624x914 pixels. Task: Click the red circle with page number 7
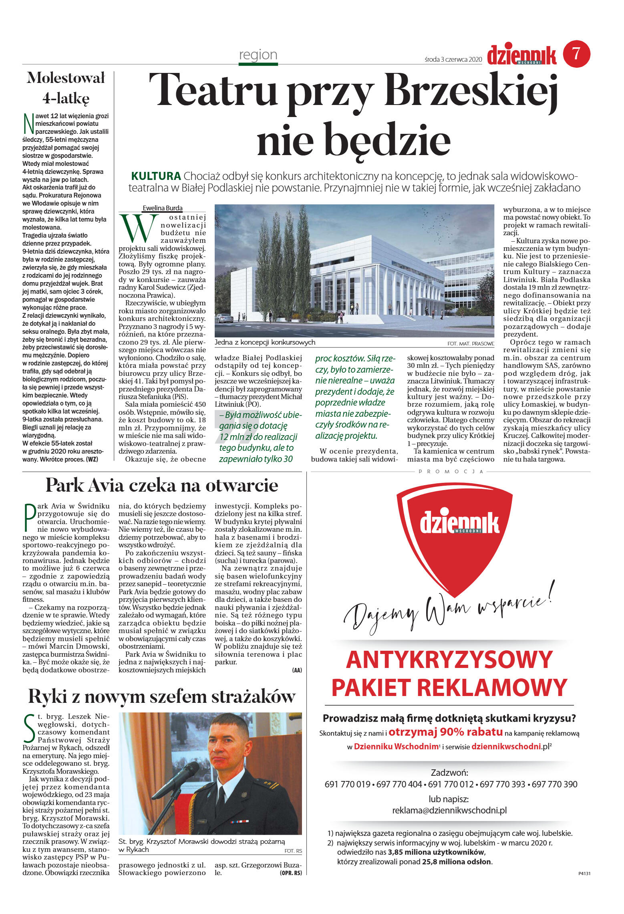click(x=576, y=54)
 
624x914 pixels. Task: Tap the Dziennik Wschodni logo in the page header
click(x=521, y=55)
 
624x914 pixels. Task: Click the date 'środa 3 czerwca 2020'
click(x=453, y=59)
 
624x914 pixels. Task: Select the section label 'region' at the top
click(x=258, y=54)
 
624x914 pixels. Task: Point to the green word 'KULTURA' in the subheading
click(x=156, y=176)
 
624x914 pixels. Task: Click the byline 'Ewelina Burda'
click(x=162, y=208)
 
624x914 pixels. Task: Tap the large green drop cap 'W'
click(x=138, y=229)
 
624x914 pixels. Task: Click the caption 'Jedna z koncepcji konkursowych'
click(x=265, y=342)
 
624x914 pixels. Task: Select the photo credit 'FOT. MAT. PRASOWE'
click(x=471, y=344)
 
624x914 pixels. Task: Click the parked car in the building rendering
click(x=224, y=318)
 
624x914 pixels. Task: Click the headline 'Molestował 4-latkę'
click(x=66, y=88)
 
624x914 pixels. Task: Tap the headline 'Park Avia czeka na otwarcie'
click(x=162, y=485)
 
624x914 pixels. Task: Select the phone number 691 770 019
click(x=347, y=784)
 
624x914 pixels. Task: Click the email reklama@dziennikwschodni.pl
click(x=449, y=810)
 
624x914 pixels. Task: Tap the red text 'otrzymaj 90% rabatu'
click(x=445, y=732)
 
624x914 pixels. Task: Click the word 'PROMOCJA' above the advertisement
click(x=451, y=472)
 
